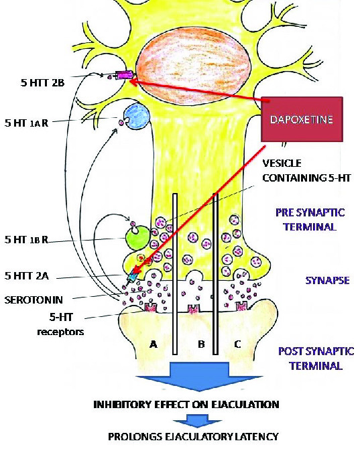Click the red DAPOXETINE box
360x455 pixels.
click(x=302, y=119)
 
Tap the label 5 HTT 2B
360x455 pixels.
click(x=42, y=82)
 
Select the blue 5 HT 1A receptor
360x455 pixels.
click(x=137, y=117)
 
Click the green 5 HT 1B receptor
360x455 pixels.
click(x=137, y=237)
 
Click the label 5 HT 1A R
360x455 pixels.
click(x=26, y=123)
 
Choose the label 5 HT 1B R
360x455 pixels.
click(x=26, y=239)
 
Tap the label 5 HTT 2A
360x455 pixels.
click(x=27, y=275)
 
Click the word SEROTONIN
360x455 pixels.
click(x=34, y=300)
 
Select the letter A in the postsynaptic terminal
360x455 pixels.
click(x=154, y=344)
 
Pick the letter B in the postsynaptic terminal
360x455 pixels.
click(x=201, y=344)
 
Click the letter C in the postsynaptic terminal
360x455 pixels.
click(x=237, y=344)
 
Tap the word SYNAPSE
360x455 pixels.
click(x=327, y=280)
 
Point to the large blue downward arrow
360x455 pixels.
click(x=200, y=377)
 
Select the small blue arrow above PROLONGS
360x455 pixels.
click(x=197, y=421)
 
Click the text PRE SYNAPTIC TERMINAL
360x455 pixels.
click(x=310, y=219)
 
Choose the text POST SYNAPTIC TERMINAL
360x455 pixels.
click(x=316, y=358)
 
